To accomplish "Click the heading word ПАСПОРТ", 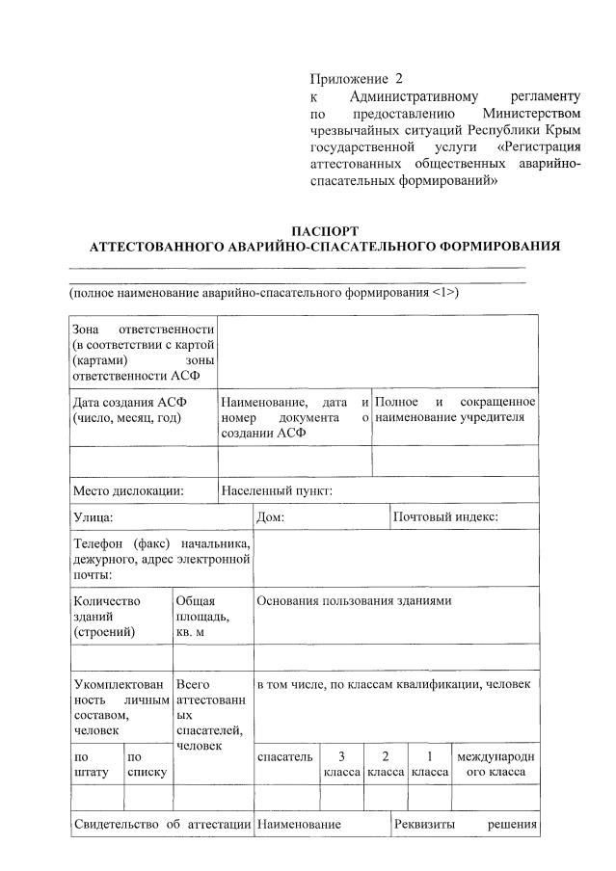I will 324,231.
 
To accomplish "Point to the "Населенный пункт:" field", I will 277,490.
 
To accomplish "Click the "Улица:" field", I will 94,517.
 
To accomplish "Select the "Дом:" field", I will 270,517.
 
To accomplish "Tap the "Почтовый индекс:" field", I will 446,517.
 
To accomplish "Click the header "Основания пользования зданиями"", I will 354,600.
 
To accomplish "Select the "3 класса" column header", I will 341,764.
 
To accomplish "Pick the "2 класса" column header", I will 385,764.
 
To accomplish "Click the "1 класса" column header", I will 429,764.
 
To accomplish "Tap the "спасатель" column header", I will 285,757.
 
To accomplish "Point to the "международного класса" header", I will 495,764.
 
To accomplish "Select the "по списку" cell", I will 147,764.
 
